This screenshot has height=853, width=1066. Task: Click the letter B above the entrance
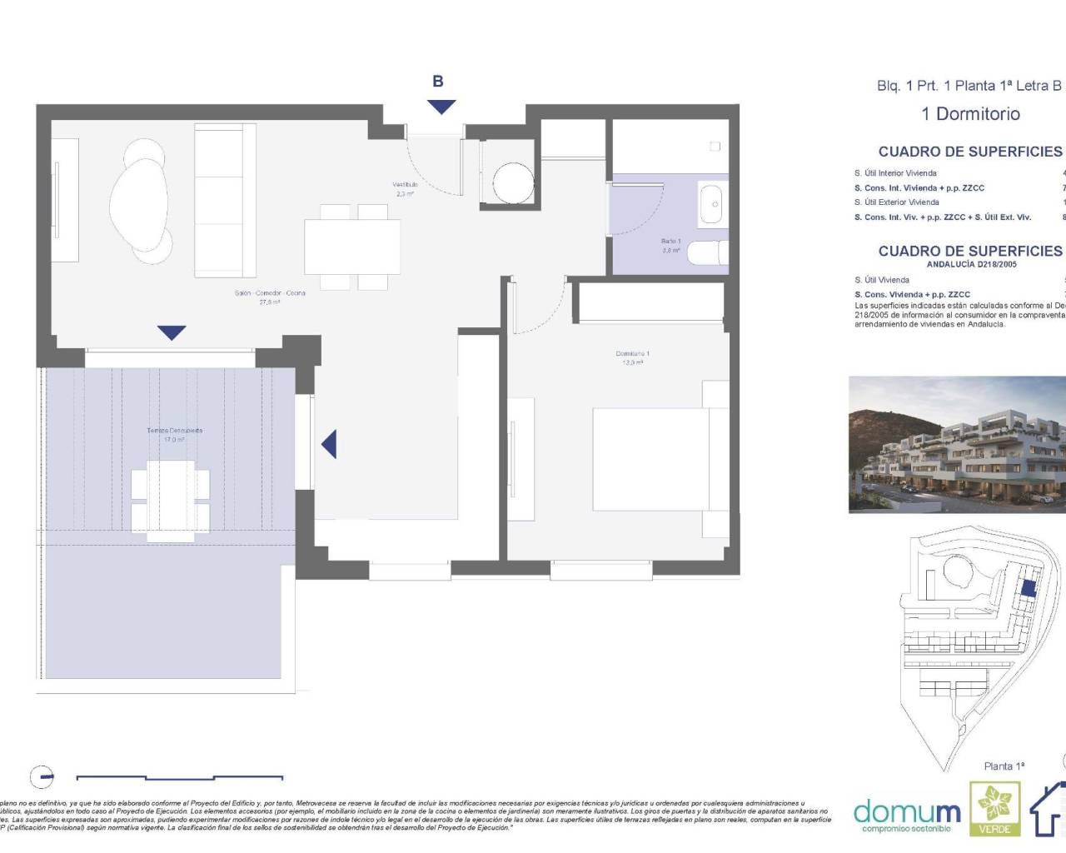(437, 82)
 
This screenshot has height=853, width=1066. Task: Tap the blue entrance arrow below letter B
(441, 107)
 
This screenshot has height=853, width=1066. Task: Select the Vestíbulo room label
(405, 188)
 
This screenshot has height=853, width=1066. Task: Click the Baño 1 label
(670, 245)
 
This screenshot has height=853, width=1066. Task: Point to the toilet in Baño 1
(710, 252)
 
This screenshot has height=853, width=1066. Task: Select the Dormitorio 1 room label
(632, 357)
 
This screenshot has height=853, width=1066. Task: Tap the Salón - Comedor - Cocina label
(269, 297)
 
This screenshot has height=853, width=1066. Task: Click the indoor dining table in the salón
(352, 247)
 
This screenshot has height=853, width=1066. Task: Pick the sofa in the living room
(225, 200)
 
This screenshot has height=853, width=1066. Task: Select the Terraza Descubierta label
(174, 435)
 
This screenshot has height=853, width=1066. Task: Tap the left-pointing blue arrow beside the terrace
(330, 444)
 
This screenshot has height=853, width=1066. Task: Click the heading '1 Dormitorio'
(970, 114)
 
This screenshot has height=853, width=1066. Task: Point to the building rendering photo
(956, 444)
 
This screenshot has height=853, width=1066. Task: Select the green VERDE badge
(994, 808)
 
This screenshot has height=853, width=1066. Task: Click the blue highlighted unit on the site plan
(1029, 588)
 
